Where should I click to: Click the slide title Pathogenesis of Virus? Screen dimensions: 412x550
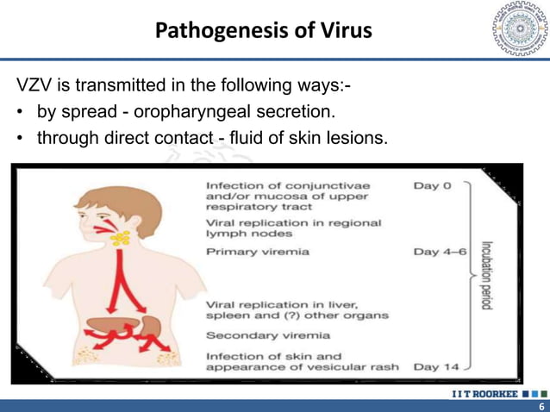pos(264,33)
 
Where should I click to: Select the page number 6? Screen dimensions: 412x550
pos(541,406)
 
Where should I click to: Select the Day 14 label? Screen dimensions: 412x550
pos(436,367)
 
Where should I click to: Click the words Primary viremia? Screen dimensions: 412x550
pos(258,252)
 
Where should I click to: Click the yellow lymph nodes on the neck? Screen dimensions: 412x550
pos(122,237)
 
